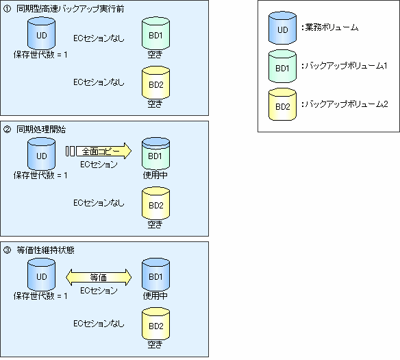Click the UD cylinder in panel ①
[41, 34]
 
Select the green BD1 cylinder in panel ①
[155, 34]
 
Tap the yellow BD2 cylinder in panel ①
[155, 83]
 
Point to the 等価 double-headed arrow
[99, 277]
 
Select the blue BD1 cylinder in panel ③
[155, 275]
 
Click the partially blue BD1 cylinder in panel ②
[155, 154]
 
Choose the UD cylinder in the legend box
[282, 28]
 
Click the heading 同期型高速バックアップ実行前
[71, 9]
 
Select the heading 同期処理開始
[41, 130]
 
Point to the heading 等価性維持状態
[45, 250]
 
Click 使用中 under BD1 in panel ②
[155, 175]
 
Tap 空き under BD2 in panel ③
[155, 345]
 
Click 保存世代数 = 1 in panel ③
[40, 296]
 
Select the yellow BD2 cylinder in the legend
[282, 104]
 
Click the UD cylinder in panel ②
[41, 154]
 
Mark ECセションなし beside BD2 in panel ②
[99, 203]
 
